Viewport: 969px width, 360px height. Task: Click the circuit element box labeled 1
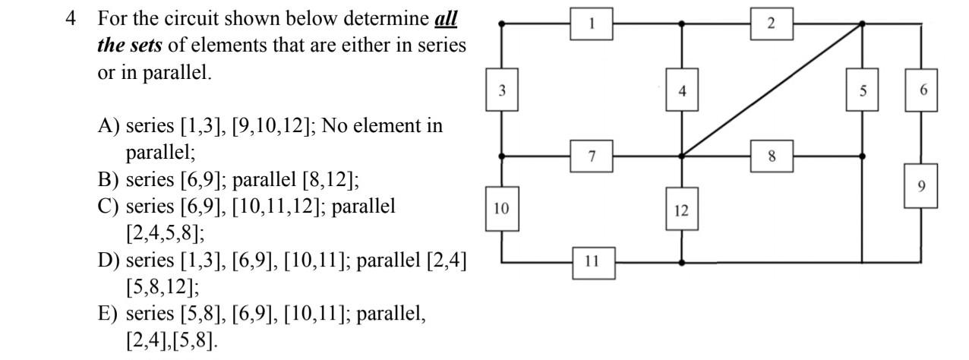(592, 24)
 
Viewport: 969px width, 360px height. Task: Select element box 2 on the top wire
(771, 24)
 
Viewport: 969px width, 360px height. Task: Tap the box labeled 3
(502, 90)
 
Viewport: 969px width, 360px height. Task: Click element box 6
(922, 90)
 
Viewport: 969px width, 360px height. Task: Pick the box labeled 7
(592, 156)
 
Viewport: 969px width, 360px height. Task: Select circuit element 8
(772, 156)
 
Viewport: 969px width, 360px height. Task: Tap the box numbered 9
(921, 186)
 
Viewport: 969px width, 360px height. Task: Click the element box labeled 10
(502, 207)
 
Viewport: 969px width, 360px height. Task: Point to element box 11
(592, 262)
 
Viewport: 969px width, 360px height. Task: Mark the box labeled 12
(682, 210)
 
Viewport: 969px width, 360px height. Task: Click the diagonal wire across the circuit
(771, 90)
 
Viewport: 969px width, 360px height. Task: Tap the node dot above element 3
(502, 24)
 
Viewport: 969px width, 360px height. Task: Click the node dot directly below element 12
(682, 262)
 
